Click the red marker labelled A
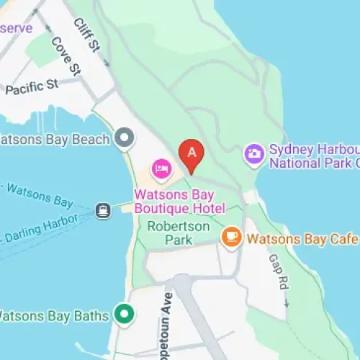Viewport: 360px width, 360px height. click(x=192, y=153)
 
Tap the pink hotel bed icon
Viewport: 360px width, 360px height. click(x=161, y=169)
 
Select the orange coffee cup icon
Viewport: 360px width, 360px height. click(x=231, y=236)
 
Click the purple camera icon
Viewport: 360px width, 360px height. click(x=253, y=153)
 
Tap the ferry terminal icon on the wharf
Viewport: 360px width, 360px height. click(x=104, y=210)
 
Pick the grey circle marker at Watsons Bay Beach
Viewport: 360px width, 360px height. click(x=126, y=137)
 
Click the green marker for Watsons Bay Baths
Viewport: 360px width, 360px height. click(x=125, y=315)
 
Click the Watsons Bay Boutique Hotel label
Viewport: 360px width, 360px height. click(x=180, y=202)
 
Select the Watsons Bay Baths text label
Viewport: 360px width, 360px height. click(x=53, y=315)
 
